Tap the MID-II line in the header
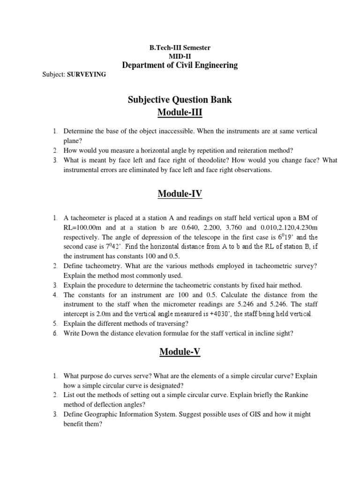(x=180, y=56)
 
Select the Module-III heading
(x=180, y=113)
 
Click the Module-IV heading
(x=180, y=194)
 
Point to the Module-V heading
(x=180, y=352)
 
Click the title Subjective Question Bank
(x=180, y=100)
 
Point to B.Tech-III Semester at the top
(x=180, y=48)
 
